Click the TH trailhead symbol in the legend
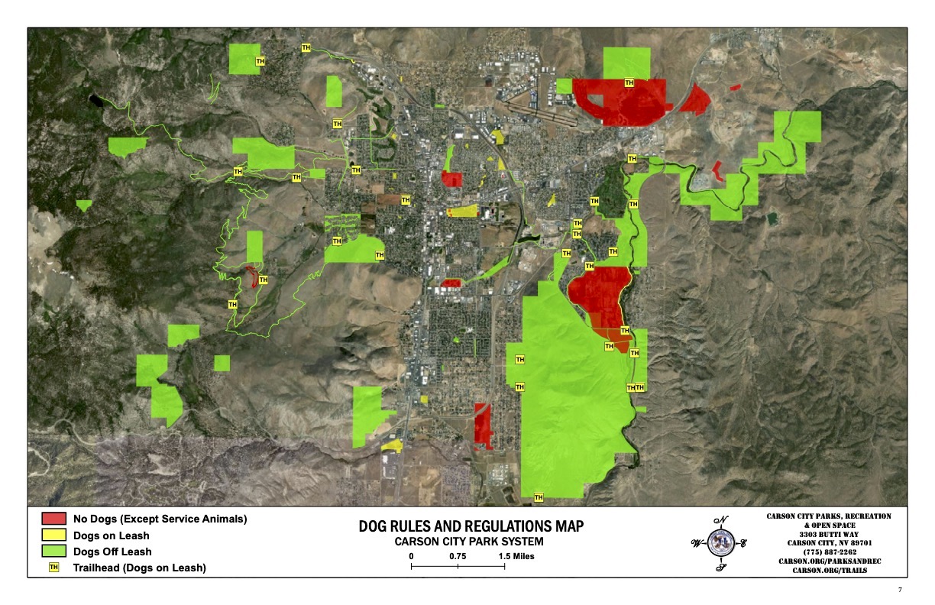(53, 568)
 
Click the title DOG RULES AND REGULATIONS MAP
(471, 527)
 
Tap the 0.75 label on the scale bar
(458, 556)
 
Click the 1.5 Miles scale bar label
(517, 556)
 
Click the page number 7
(901, 590)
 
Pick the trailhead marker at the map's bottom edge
(539, 497)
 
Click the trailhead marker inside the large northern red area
(629, 82)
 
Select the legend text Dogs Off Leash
(112, 552)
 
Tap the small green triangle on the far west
(83, 205)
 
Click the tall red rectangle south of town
(483, 425)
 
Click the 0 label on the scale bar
(411, 556)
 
